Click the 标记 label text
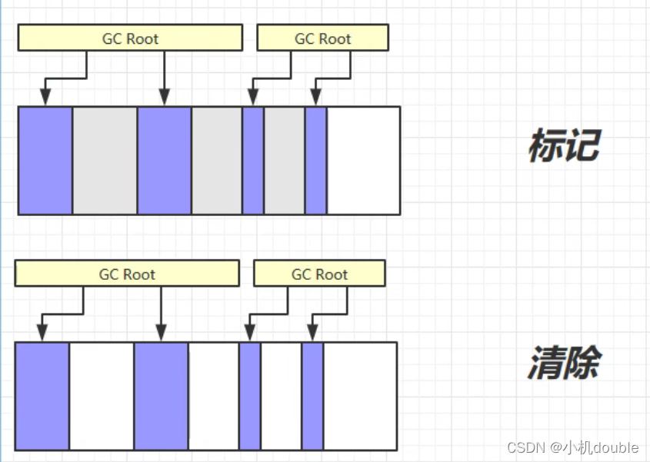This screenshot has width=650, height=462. (564, 146)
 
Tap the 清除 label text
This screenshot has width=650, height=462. (564, 363)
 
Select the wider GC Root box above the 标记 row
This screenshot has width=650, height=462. (130, 38)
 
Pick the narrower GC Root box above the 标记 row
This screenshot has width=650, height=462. (322, 38)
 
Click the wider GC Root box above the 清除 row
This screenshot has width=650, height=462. (127, 274)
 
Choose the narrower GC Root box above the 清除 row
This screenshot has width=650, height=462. (319, 274)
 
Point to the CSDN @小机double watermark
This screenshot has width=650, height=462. (573, 447)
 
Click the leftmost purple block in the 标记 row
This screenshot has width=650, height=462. (45, 160)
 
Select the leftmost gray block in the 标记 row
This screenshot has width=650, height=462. (105, 160)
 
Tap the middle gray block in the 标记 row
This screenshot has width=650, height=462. (216, 160)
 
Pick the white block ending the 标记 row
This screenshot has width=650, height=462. (363, 160)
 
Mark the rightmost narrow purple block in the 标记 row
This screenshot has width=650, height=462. (315, 160)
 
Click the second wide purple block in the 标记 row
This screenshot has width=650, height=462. (164, 160)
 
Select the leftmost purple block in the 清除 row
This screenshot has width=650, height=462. (42, 396)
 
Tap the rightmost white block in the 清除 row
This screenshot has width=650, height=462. (360, 396)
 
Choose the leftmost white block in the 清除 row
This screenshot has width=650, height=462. (102, 396)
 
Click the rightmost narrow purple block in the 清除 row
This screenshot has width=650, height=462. (312, 396)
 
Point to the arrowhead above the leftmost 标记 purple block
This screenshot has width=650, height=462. (45, 97)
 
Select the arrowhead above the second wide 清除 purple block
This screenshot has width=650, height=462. (161, 333)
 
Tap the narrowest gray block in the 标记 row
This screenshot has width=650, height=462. (285, 160)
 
